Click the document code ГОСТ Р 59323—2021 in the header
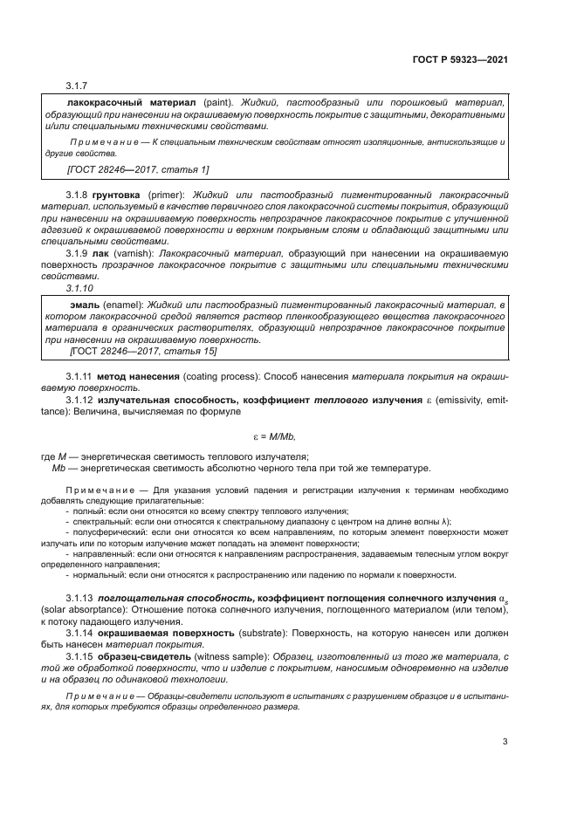pos(459,61)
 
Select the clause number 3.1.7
pos(78,86)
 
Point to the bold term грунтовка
pos(118,193)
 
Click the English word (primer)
pos(165,193)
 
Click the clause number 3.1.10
pos(79,287)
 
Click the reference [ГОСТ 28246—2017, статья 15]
pos(143,350)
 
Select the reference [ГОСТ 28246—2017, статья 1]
pos(138,168)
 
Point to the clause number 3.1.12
pos(80,399)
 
